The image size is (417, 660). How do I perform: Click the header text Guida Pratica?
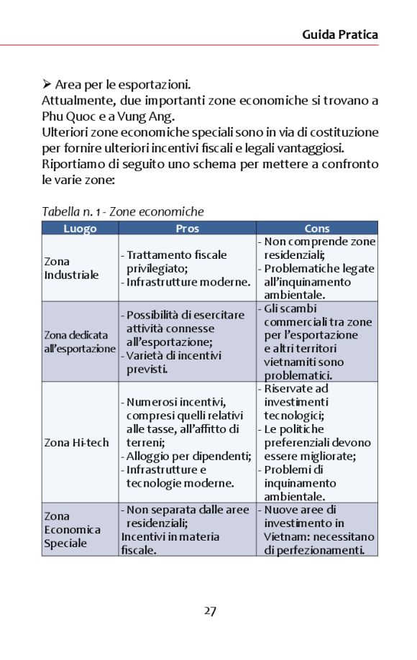pos(340,34)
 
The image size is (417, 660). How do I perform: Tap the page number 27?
pos(209,611)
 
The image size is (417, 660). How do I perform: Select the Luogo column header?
pos(79,229)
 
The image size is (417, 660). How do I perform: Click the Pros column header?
pos(187,229)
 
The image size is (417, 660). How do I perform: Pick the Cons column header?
pos(316,229)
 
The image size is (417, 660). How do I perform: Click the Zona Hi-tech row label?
pos(76,442)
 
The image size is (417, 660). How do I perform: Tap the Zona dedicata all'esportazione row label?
pos(79,342)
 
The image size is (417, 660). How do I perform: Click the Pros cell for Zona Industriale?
pos(187,268)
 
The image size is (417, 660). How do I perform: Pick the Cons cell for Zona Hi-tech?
pos(316,442)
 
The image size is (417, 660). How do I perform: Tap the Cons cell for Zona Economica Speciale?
pos(316,529)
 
